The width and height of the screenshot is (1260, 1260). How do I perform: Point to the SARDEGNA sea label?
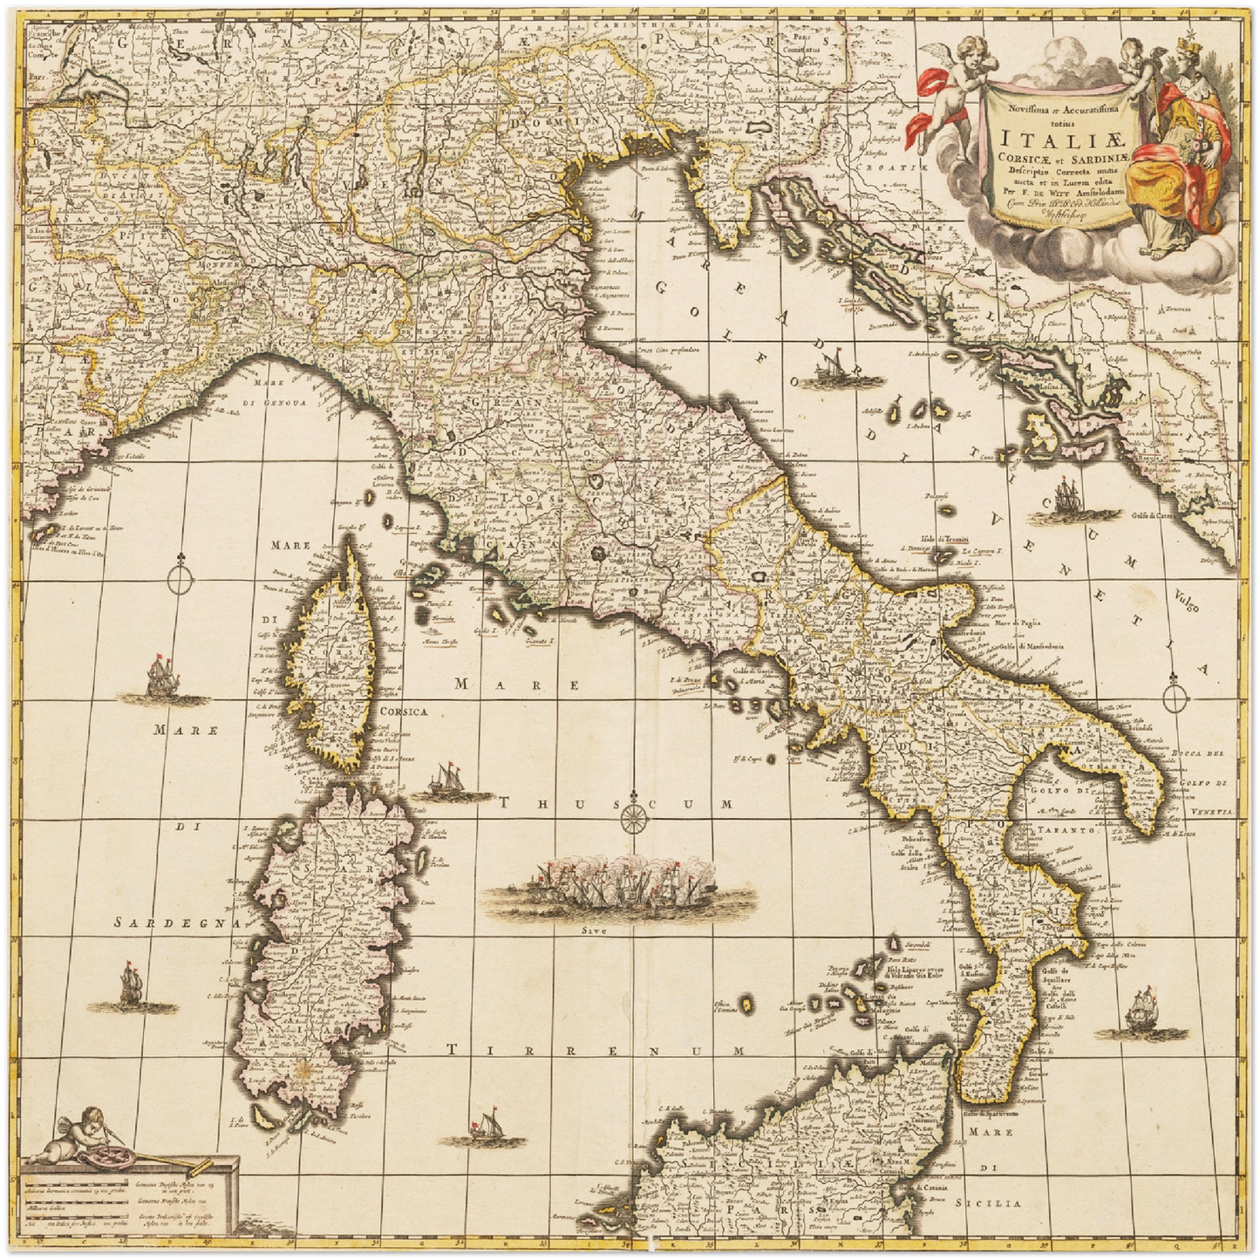[179, 922]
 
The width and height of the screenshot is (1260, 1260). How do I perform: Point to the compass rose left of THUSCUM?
[634, 818]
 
